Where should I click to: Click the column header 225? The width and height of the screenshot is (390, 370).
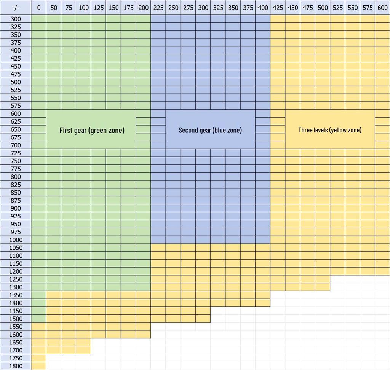click(x=158, y=8)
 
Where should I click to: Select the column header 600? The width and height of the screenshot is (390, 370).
click(x=382, y=8)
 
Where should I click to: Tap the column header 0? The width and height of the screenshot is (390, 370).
click(x=38, y=8)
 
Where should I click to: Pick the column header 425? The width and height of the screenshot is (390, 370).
click(x=278, y=8)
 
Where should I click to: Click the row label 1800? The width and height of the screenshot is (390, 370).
click(x=16, y=366)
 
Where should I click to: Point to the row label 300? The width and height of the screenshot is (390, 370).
click(x=16, y=19)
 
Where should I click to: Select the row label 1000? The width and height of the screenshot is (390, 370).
click(x=16, y=240)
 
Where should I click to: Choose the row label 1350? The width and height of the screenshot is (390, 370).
click(x=16, y=295)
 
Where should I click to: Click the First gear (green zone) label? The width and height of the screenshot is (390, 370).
click(x=92, y=130)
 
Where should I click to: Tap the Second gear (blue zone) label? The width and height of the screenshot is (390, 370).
click(x=210, y=130)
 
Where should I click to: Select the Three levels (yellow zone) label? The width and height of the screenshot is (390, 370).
click(x=330, y=130)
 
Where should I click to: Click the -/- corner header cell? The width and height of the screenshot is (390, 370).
click(x=16, y=8)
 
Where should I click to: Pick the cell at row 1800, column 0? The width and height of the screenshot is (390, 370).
click(x=38, y=366)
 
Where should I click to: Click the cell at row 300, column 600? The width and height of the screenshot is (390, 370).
click(x=382, y=19)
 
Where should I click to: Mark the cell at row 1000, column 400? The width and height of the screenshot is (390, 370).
click(x=263, y=240)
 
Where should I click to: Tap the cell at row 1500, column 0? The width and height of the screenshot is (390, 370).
click(x=38, y=319)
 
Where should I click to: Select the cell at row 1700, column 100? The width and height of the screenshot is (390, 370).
click(x=83, y=350)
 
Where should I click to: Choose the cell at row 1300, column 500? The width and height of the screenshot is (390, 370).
click(x=323, y=287)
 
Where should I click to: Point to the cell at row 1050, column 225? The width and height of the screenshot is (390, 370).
click(x=158, y=248)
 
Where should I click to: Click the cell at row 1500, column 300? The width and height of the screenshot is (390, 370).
click(x=203, y=319)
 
